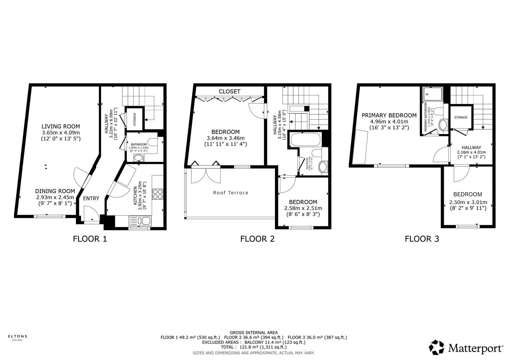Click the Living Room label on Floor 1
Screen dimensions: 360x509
61,126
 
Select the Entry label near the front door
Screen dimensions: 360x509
91,198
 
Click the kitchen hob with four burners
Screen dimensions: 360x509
158,194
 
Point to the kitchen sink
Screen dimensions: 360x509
140,221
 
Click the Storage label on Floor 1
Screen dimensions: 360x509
135,119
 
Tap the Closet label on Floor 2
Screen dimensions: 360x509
229,91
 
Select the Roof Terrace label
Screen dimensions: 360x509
231,193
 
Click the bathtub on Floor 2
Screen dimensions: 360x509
305,139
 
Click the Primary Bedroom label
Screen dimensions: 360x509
389,115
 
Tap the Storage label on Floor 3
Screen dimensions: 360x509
461,117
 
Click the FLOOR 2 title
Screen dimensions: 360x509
257,239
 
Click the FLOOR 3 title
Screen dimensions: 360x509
422,239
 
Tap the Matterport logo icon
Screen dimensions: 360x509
437,348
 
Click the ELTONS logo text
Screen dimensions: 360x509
17,336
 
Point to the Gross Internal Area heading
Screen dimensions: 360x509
254,332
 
